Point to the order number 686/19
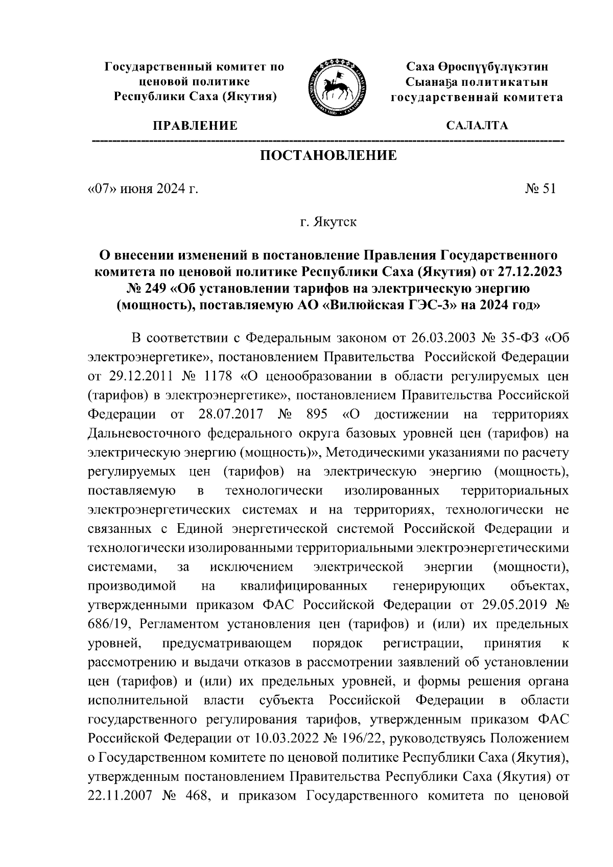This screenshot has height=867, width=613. coord(110,625)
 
